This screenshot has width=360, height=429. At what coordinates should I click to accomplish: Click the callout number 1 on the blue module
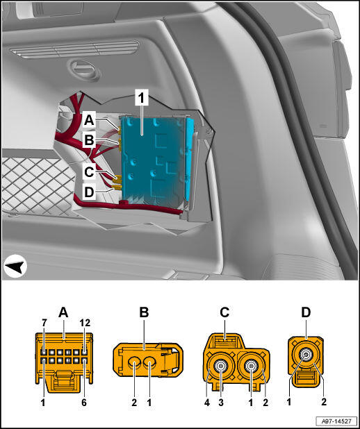click(x=141, y=98)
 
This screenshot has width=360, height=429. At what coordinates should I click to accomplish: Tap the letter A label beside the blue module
click(x=89, y=120)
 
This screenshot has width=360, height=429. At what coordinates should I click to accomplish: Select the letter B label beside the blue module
click(x=89, y=140)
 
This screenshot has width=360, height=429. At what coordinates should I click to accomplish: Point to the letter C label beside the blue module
click(x=89, y=172)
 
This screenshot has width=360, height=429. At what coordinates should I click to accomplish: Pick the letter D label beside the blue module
click(x=89, y=192)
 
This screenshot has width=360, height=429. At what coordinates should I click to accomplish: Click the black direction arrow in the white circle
click(x=15, y=266)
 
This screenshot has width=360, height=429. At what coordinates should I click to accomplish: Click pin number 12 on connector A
click(x=85, y=323)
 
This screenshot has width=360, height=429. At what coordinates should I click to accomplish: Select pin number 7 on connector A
click(x=44, y=323)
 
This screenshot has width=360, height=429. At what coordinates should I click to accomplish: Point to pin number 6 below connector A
click(x=84, y=402)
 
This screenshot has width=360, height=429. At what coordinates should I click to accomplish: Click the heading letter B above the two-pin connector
click(x=144, y=312)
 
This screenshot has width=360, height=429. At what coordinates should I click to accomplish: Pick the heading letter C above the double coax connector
click(x=224, y=312)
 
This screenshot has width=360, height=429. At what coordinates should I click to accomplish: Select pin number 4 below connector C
click(x=207, y=402)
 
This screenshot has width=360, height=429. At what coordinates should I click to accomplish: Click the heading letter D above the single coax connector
click(x=306, y=312)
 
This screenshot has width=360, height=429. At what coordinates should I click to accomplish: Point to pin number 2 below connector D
click(x=324, y=402)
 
